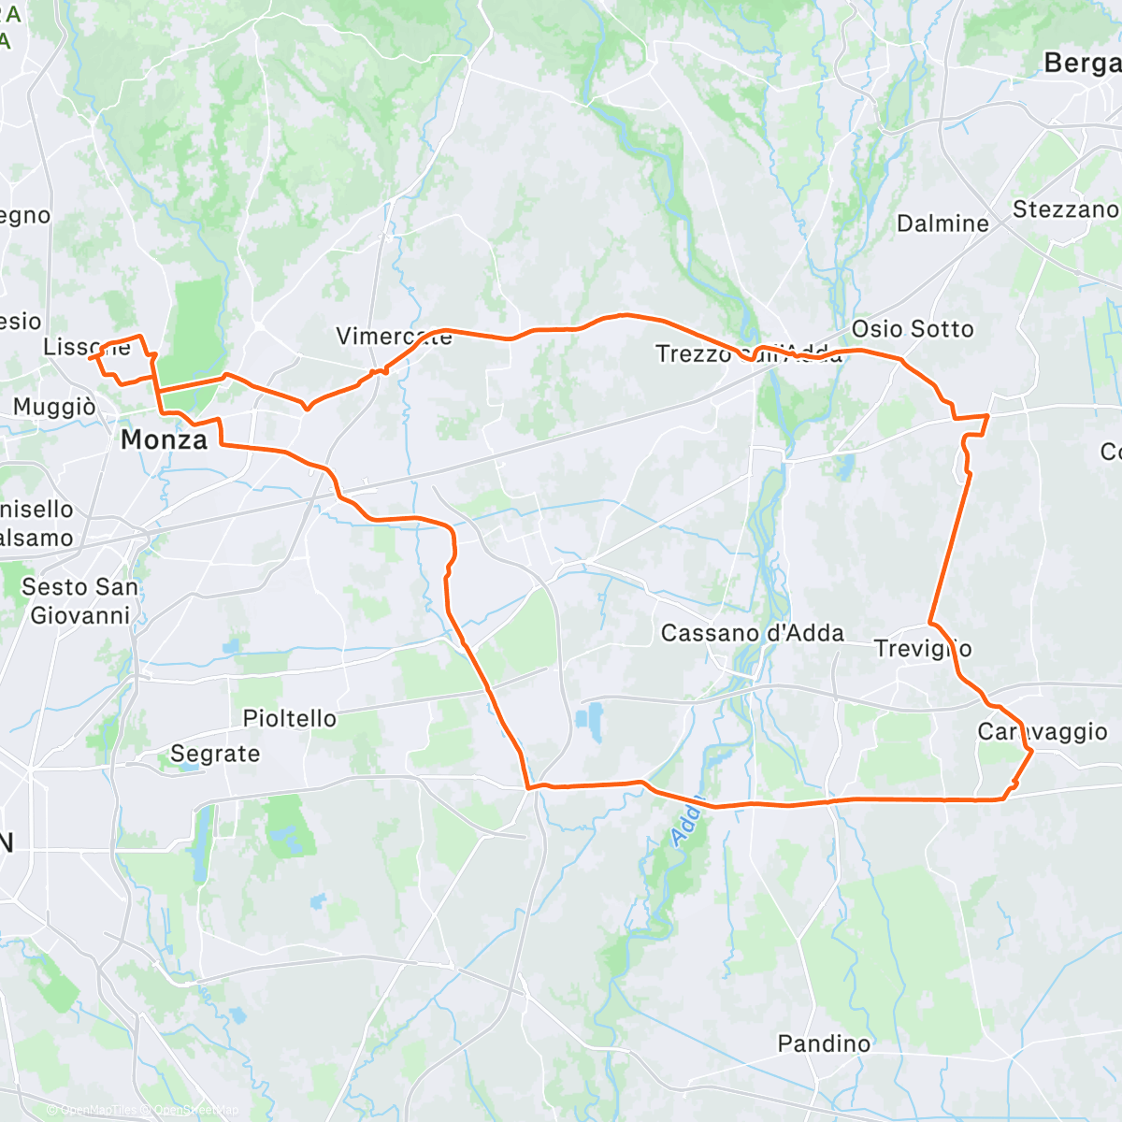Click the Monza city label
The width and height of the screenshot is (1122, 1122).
click(x=164, y=439)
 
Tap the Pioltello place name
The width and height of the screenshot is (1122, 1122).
click(x=289, y=718)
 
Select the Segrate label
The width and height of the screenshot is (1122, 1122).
click(x=215, y=754)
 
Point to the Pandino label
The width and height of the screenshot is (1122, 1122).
click(x=824, y=1043)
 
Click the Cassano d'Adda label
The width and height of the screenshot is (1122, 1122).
click(x=752, y=633)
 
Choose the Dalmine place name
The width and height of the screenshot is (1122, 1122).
click(x=942, y=223)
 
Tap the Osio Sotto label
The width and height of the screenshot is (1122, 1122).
click(x=912, y=329)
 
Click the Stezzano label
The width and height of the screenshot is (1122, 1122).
click(x=1065, y=209)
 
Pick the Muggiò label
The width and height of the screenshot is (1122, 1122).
click(x=54, y=408)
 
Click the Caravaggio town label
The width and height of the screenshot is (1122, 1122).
click(x=1042, y=731)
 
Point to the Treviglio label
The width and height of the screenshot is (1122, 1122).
click(x=922, y=648)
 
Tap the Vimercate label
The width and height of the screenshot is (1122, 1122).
click(x=394, y=337)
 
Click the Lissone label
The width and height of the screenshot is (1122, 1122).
click(x=86, y=347)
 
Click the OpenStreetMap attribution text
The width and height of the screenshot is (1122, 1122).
click(x=196, y=1111)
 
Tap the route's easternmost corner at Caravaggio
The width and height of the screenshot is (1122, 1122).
click(x=1031, y=751)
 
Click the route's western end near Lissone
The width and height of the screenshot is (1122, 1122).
click(x=90, y=356)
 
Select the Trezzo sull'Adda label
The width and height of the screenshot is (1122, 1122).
click(x=748, y=353)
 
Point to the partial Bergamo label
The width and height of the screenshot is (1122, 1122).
click(x=1082, y=63)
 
